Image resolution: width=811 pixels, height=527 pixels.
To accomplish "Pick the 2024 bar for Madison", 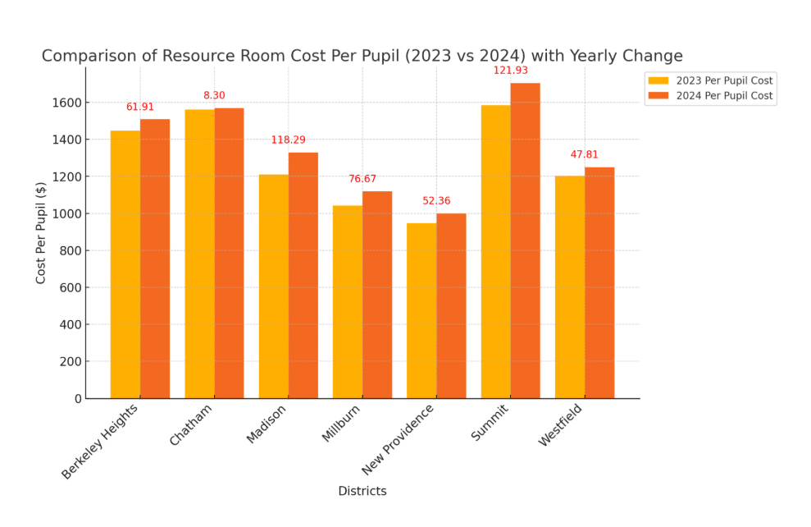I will (303, 275).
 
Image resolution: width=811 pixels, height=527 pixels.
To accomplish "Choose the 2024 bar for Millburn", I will (376, 295).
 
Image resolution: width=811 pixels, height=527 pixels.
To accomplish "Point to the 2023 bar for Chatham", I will (199, 254).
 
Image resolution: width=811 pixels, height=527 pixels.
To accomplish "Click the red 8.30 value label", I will (214, 95).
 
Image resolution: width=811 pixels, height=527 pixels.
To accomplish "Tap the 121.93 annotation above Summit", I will (510, 71).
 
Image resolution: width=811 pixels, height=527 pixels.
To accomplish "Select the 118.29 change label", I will (288, 140).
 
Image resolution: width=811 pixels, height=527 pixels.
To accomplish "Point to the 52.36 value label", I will (436, 201).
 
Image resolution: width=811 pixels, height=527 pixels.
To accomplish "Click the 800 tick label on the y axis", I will (71, 250).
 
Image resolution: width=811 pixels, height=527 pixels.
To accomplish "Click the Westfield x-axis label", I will (561, 424).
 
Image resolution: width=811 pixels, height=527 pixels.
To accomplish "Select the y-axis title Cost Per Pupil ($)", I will (41, 234).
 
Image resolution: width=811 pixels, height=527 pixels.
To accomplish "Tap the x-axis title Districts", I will (362, 491).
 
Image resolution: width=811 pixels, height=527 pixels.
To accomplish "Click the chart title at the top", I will (362, 56).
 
